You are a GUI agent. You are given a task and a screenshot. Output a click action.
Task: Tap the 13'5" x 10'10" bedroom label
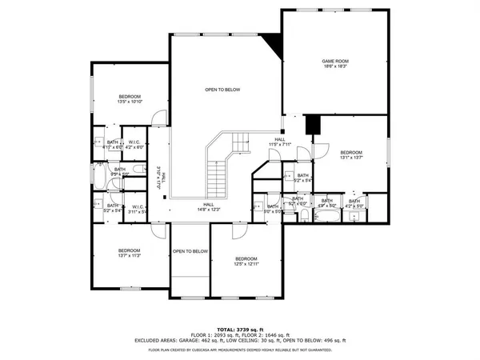pyautogui.click(x=129, y=98)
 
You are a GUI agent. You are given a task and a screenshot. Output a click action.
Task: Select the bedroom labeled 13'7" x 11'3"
pyautogui.click(x=129, y=254)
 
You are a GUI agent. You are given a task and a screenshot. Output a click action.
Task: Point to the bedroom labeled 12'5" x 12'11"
pyautogui.click(x=246, y=262)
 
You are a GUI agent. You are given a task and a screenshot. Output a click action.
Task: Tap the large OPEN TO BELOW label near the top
pyautogui.click(x=222, y=90)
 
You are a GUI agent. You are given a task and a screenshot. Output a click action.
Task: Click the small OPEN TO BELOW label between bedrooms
pyautogui.click(x=190, y=251)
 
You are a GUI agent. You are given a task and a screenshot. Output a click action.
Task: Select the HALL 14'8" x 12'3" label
pyautogui.click(x=208, y=206)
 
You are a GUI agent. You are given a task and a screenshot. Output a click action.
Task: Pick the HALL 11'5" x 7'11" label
pyautogui.click(x=280, y=142)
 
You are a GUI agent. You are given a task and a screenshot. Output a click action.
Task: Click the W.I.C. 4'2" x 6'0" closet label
pyautogui.click(x=134, y=145)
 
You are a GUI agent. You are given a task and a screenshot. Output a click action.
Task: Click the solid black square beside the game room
pyautogui.click(x=313, y=125)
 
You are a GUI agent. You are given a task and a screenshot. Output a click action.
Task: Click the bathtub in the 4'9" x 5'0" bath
pyautogui.click(x=326, y=214)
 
